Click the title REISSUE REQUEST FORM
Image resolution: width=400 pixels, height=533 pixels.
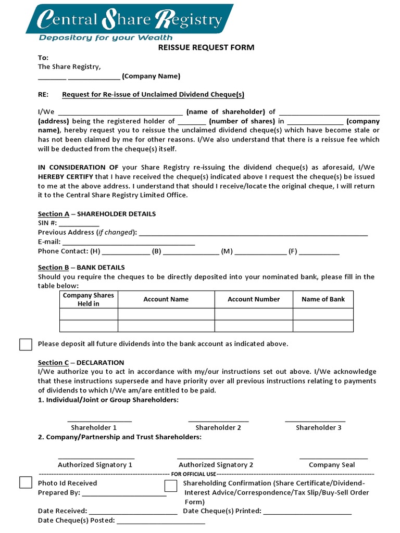(206, 47)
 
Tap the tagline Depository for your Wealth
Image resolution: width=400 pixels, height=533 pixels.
(106, 38)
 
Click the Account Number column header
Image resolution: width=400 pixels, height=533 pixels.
(254, 299)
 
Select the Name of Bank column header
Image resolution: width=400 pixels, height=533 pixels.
(323, 299)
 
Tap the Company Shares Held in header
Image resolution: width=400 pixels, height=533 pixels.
(89, 299)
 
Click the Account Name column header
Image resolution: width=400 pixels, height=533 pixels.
(166, 299)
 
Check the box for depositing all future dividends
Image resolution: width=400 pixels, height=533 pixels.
(26, 344)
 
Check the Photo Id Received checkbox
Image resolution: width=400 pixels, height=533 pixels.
(26, 483)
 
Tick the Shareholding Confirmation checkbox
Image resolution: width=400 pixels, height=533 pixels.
(171, 486)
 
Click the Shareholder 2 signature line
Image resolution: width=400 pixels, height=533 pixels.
(218, 420)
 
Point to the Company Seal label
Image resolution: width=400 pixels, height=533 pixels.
(332, 465)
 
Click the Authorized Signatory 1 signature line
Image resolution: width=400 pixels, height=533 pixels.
(95, 456)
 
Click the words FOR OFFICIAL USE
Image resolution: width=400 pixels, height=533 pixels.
(193, 474)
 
